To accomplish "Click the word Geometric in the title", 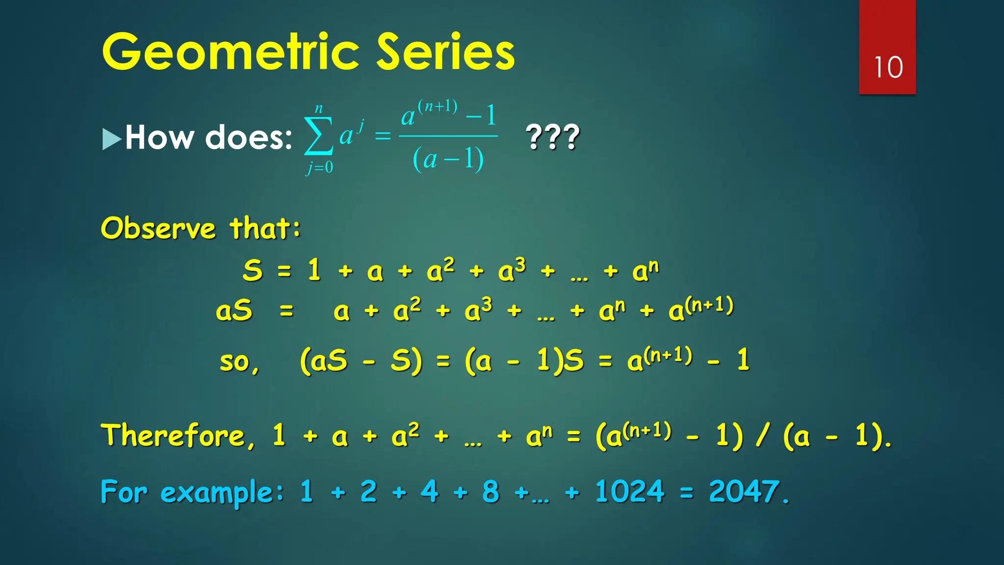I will pyautogui.click(x=231, y=52).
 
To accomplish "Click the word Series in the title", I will pyautogui.click(x=446, y=52).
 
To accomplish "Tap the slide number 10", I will pyautogui.click(x=888, y=67).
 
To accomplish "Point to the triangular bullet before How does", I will pyautogui.click(x=111, y=139).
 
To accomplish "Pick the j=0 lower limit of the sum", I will pyautogui.click(x=320, y=167).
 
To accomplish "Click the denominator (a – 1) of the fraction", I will pyautogui.click(x=448, y=159).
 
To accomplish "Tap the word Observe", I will pyautogui.click(x=158, y=228).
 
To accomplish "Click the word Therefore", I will pyautogui.click(x=178, y=435).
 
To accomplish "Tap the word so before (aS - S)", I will pyautogui.click(x=239, y=362).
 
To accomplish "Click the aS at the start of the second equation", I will pyautogui.click(x=234, y=311).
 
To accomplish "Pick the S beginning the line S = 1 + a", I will pyautogui.click(x=252, y=270).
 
